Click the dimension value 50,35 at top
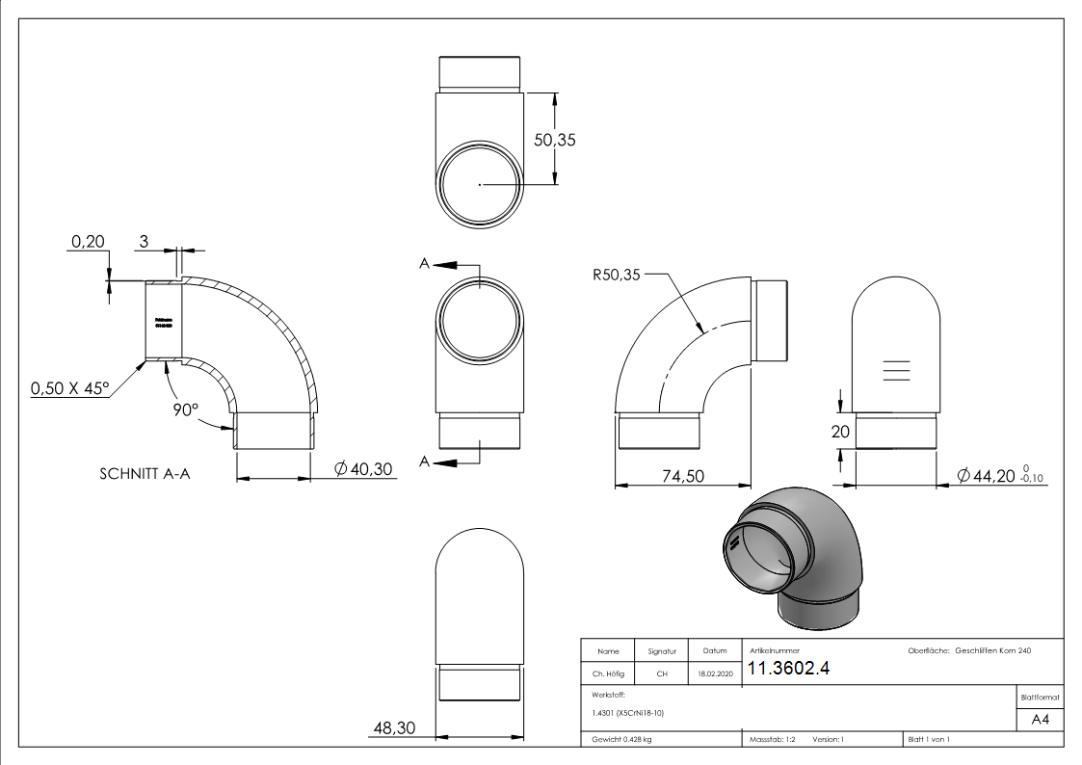point(554,139)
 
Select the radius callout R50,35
point(616,275)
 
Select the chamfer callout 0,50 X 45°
point(70,388)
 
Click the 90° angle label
point(186,408)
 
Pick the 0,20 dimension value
point(88,242)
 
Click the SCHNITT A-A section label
point(145,474)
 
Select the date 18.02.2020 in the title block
point(714,674)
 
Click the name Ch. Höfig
point(607,674)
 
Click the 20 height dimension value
point(841,433)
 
